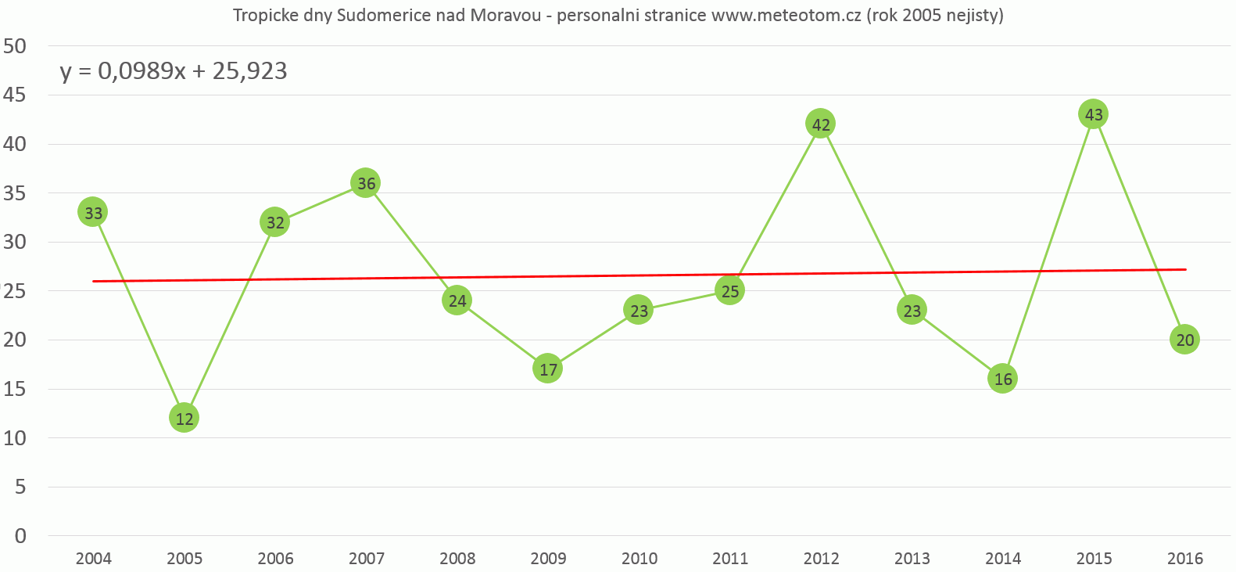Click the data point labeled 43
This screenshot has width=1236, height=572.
[1093, 114]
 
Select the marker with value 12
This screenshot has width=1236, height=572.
[184, 418]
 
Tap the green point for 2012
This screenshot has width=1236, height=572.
[820, 124]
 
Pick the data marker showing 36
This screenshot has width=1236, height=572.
[365, 183]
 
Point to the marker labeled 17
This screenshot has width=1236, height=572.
[547, 369]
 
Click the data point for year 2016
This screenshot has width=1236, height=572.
[1184, 340]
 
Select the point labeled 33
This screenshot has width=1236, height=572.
[92, 212]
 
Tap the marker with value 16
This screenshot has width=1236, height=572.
[1002, 379]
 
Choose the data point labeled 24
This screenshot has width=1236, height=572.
[457, 300]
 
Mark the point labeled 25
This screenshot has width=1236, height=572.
[729, 291]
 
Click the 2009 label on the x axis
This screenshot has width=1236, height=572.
[548, 559]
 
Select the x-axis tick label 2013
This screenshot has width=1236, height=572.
[912, 559]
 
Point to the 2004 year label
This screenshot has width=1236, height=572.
[93, 559]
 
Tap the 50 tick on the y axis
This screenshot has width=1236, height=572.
[15, 46]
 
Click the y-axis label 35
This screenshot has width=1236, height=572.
[15, 193]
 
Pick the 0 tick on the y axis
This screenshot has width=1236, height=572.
[20, 536]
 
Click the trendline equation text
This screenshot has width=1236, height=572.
[174, 71]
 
